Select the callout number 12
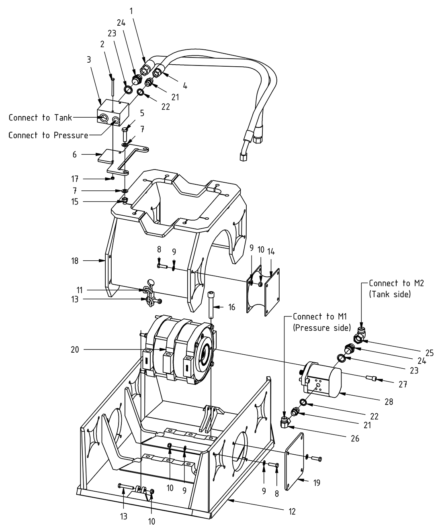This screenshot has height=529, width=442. tap(292, 511)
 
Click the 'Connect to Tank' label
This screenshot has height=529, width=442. tap(40, 118)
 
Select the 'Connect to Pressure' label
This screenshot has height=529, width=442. tap(48, 135)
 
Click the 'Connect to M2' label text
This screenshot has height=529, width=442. tap(395, 283)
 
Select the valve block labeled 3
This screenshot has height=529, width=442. tap(114, 113)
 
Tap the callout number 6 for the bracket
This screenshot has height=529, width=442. tap(74, 154)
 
